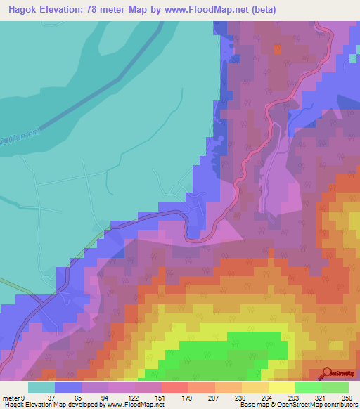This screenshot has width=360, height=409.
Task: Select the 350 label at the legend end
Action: click(345, 398)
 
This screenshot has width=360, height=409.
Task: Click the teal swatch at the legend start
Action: click(41, 387)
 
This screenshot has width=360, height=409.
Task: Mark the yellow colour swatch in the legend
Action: click(281, 387)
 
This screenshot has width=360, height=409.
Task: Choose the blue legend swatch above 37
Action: click(68, 387)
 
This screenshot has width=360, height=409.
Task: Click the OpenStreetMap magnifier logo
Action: click(327, 373)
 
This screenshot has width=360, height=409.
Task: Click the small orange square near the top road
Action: click(277, 49)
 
